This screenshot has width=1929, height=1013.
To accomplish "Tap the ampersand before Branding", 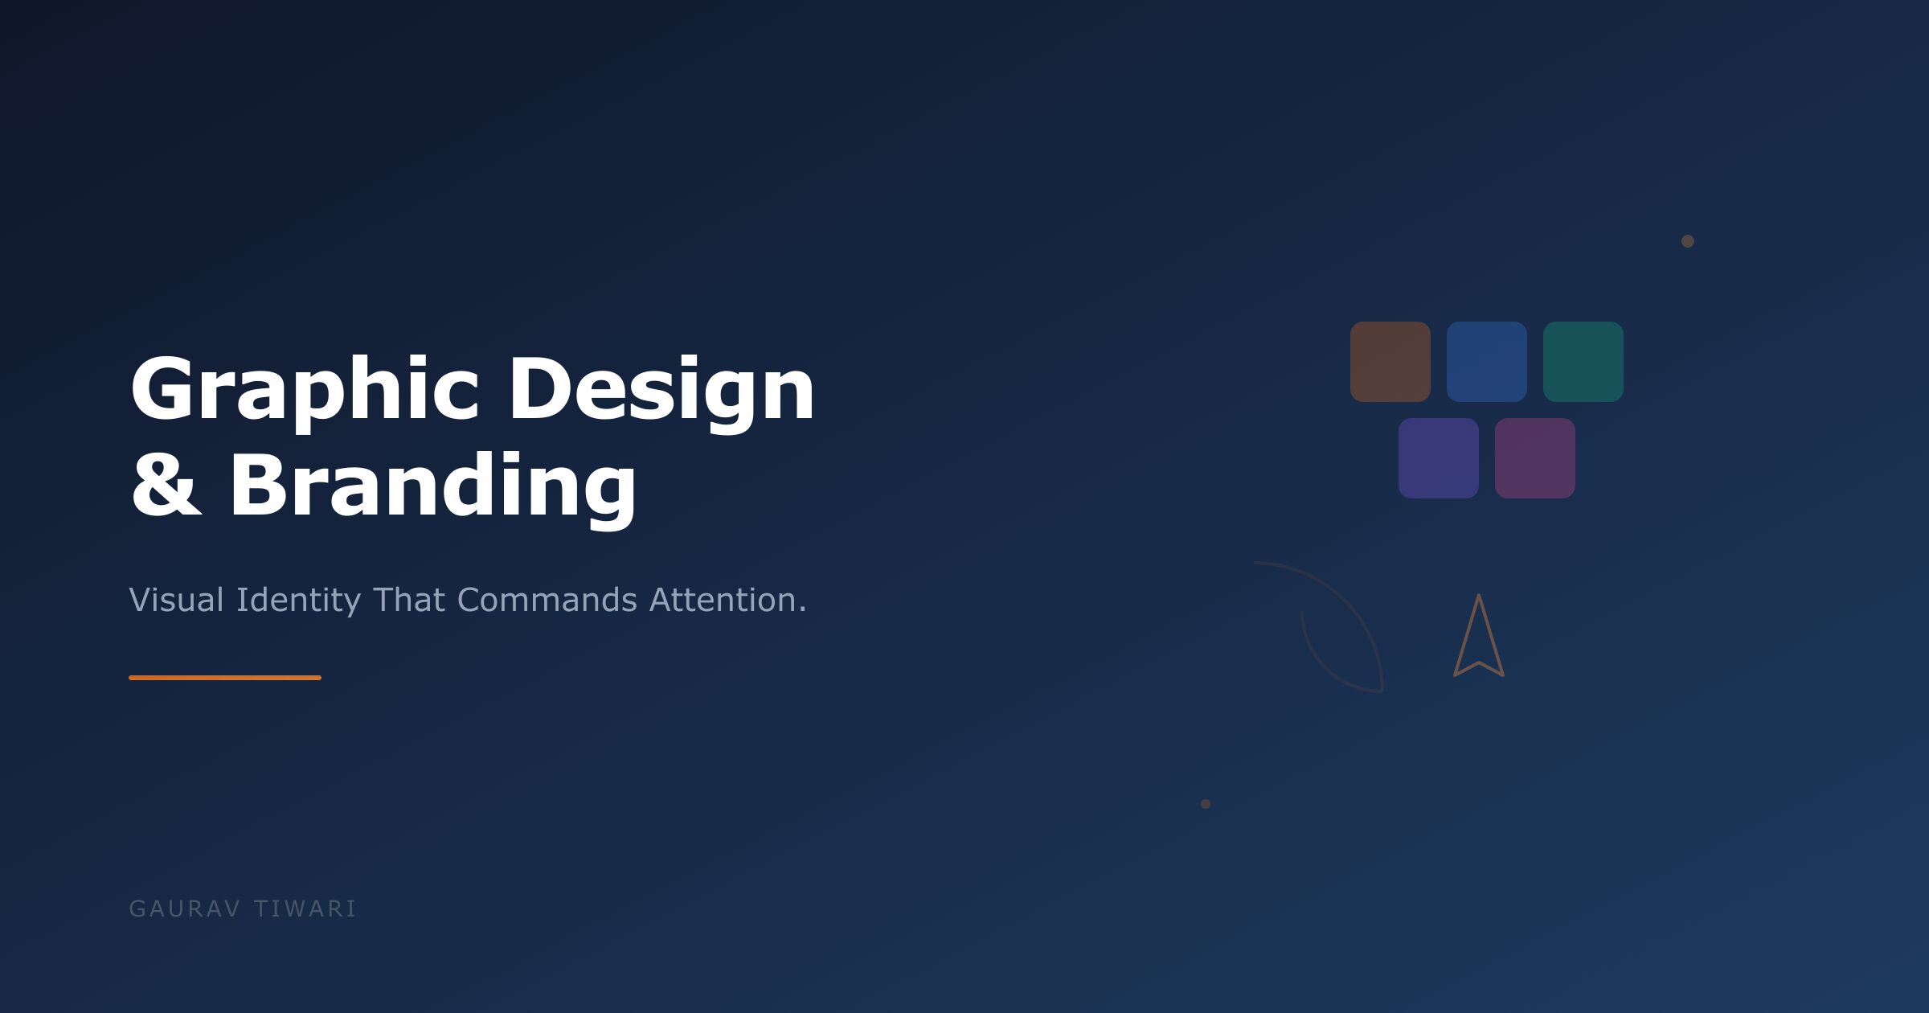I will tap(166, 486).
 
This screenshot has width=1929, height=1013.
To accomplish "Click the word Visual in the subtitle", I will tap(177, 600).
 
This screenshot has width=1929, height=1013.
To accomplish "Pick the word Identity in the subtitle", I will tap(298, 601).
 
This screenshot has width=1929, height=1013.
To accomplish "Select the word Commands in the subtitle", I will tap(547, 600).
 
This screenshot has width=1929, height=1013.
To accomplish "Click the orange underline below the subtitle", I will tap(225, 678).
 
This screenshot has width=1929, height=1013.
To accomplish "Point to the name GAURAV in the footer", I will tap(185, 908).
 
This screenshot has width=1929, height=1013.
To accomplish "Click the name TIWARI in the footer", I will tap(305, 908).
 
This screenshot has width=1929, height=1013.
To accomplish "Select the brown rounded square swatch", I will tap(1390, 362).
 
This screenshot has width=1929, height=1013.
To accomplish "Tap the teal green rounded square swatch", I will tap(1583, 362).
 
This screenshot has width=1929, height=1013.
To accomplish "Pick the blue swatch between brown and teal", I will tap(1487, 362).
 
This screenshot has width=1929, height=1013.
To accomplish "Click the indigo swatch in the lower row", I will tap(1439, 458).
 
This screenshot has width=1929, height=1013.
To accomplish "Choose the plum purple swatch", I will tap(1535, 458).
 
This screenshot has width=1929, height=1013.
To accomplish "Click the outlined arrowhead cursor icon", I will tap(1479, 643).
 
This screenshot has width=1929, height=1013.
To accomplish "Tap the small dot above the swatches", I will tap(1688, 241).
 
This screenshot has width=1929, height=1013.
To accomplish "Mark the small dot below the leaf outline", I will tap(1206, 804).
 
